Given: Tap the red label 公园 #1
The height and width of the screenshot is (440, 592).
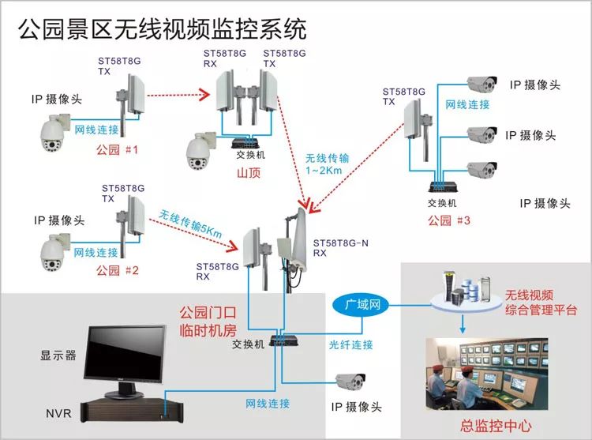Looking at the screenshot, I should (x=117, y=149).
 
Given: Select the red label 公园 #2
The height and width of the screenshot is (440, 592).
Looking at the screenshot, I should (x=117, y=271).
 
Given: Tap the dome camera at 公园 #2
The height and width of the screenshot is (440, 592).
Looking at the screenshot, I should (x=57, y=252).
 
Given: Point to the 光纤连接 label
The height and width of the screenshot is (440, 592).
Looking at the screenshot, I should (x=351, y=344).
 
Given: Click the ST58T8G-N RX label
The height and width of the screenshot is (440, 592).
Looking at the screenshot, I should (x=340, y=248).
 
